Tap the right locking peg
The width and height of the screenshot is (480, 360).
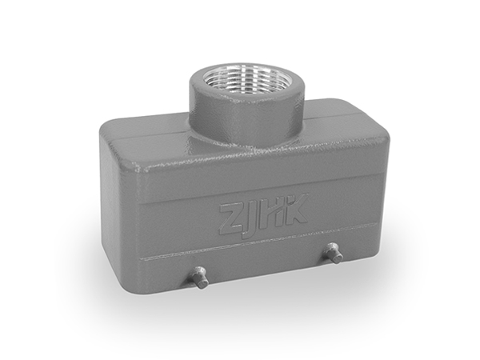pyautogui.click(x=334, y=253)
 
